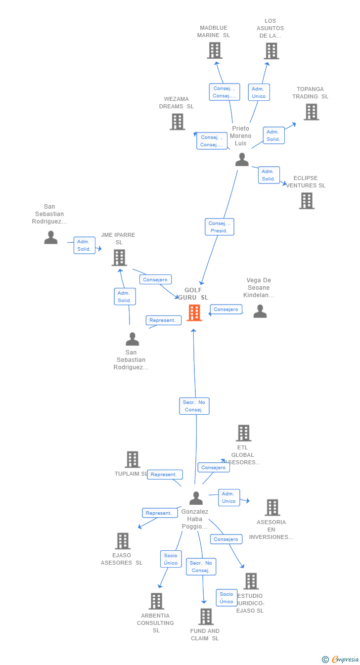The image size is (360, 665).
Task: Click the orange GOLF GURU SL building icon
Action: [x=194, y=312]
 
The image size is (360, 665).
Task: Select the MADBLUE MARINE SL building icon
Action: [x=214, y=50]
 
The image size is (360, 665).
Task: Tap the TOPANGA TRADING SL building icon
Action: [x=311, y=112]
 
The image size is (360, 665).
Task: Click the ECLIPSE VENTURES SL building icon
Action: [x=307, y=201]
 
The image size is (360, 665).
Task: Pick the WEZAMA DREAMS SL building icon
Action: [x=177, y=122]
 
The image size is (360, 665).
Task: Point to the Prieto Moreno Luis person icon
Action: [x=242, y=159]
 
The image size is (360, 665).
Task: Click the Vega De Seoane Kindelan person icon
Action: [x=260, y=311]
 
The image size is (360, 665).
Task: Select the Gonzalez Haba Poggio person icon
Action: [x=196, y=498]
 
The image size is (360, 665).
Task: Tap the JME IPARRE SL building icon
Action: [x=119, y=258]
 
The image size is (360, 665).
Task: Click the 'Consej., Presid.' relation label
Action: [x=219, y=227]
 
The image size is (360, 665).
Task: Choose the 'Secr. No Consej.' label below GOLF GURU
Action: [x=194, y=406]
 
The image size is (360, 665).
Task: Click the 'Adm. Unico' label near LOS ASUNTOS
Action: [x=259, y=92]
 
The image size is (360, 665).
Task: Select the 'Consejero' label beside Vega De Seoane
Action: [x=226, y=310]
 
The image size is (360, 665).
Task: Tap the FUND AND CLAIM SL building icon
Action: [x=206, y=617]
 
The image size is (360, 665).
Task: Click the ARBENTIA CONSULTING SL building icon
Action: [x=156, y=601]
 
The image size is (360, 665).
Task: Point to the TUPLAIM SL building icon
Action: [x=132, y=459]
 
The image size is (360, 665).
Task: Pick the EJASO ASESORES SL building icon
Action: [x=123, y=541]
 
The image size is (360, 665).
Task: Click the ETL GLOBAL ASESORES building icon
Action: [x=243, y=433]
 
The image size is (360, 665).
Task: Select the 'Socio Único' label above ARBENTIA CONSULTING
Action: [x=171, y=559]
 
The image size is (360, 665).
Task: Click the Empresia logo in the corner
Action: [x=341, y=659]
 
